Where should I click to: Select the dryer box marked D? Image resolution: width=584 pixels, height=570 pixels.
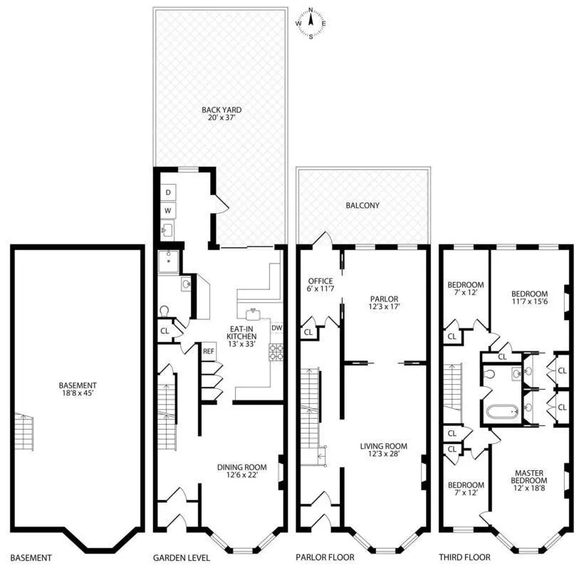point(169,193)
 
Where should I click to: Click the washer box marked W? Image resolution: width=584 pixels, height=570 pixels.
point(169,211)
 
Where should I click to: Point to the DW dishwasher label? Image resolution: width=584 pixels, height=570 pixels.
point(277,328)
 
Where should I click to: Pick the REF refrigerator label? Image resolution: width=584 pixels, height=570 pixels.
point(209,351)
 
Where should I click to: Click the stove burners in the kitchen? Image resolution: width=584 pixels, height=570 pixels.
point(276,352)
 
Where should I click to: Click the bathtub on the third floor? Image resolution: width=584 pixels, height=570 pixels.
point(504,412)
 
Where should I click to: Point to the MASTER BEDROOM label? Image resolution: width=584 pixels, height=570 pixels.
point(531,476)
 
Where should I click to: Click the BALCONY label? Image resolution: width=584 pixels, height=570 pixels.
point(363,205)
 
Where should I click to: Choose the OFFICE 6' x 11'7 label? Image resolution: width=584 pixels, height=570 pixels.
point(320,285)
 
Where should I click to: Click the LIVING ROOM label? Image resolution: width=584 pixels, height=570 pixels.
point(383,451)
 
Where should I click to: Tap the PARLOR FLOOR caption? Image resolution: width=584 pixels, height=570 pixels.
point(324,558)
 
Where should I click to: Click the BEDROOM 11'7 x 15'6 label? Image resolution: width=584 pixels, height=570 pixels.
point(528,298)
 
